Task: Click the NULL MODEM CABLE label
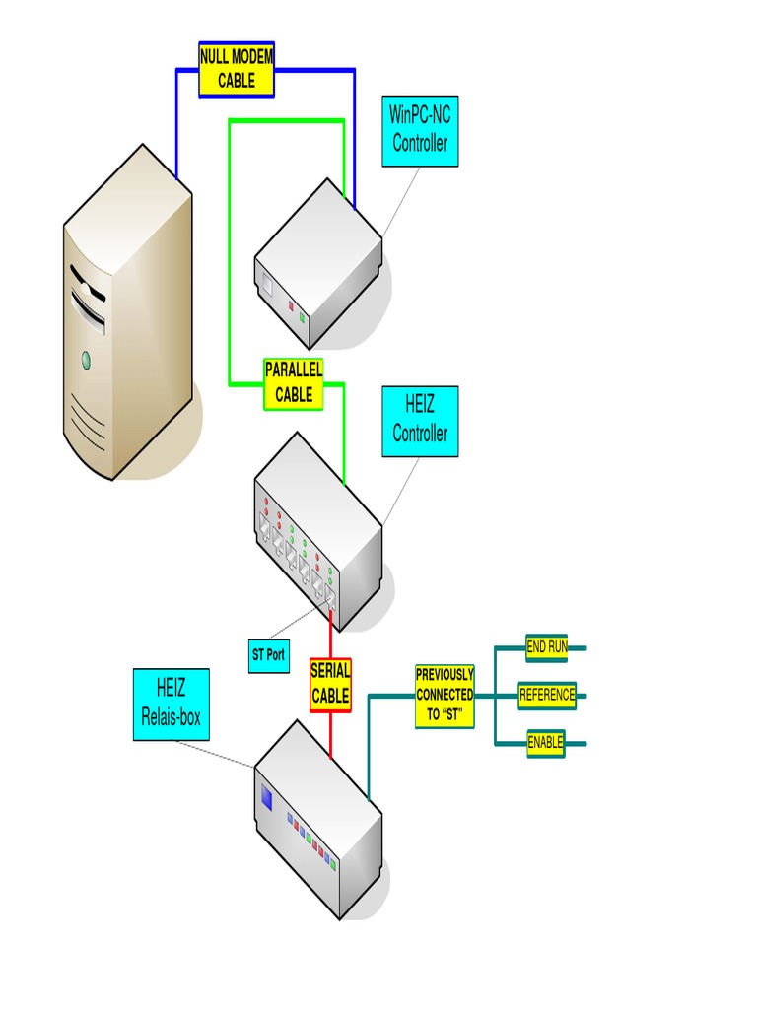pyautogui.click(x=236, y=69)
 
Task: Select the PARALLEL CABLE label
pyautogui.click(x=294, y=383)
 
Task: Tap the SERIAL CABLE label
pyautogui.click(x=330, y=684)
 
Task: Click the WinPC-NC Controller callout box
pyautogui.click(x=420, y=131)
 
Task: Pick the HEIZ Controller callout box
pyautogui.click(x=420, y=421)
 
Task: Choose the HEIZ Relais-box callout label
pyautogui.click(x=171, y=705)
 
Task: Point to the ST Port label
pyautogui.click(x=268, y=654)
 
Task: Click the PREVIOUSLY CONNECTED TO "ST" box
pyautogui.click(x=445, y=696)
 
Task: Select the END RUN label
pyautogui.click(x=546, y=647)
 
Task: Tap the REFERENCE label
pyautogui.click(x=547, y=695)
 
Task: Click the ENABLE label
pyautogui.click(x=545, y=743)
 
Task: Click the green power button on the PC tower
pyautogui.click(x=86, y=359)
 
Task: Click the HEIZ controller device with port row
pyautogui.click(x=317, y=532)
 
